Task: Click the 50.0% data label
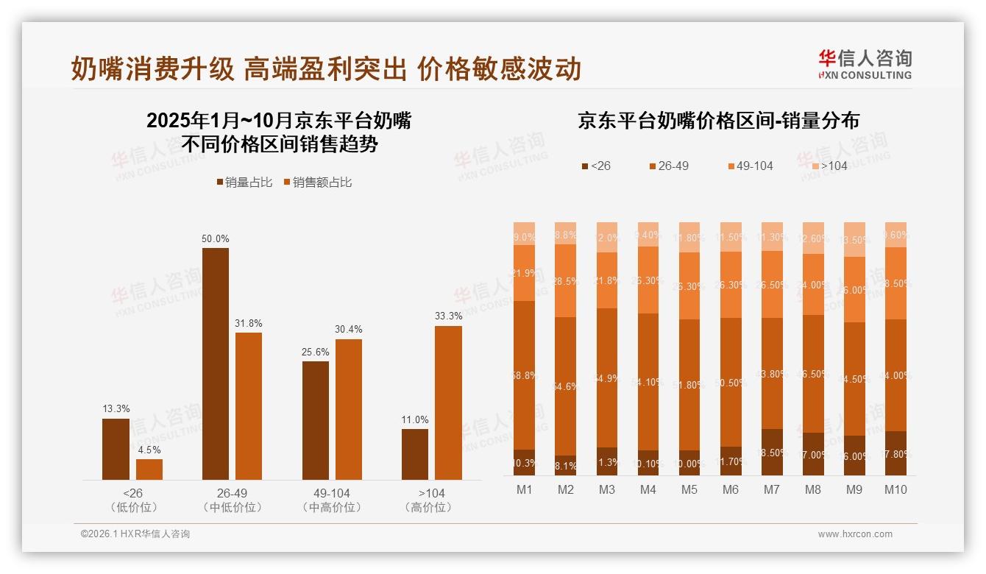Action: [216, 238]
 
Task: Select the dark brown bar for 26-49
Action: [216, 364]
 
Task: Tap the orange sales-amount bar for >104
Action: [448, 403]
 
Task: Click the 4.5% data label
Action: [149, 450]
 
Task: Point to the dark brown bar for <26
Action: [116, 449]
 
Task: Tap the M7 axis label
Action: [772, 489]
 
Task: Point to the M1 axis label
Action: [525, 489]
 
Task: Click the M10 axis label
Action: [895, 489]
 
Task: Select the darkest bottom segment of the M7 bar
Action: [772, 452]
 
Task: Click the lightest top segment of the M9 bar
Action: [854, 239]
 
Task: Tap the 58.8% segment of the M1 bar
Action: [525, 375]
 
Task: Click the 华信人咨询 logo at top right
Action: [865, 64]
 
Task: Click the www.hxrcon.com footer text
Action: [855, 534]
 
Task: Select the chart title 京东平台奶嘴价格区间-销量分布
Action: [718, 121]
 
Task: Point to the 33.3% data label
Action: [448, 316]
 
